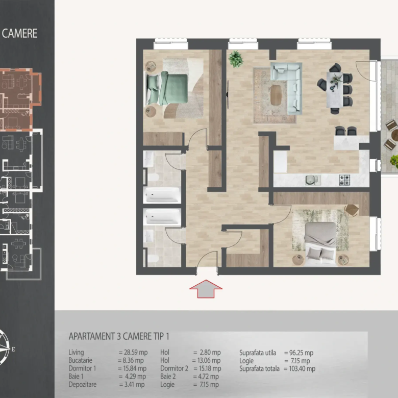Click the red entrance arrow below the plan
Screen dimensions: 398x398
[x=206, y=289]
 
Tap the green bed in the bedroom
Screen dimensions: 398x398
[x=167, y=88]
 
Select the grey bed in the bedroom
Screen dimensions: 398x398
[x=320, y=244]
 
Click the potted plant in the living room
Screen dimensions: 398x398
[x=236, y=59]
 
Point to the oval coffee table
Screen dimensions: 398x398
[x=276, y=95]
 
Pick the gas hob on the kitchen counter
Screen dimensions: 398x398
[x=344, y=180]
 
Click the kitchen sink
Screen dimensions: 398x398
[x=311, y=180]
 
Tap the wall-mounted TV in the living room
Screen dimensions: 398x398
[x=228, y=94]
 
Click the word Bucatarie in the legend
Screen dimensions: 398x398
[x=80, y=360]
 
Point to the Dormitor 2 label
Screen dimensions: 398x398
[x=174, y=368]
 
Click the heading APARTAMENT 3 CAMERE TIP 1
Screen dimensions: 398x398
[x=119, y=336]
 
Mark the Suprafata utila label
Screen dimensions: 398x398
[x=258, y=353]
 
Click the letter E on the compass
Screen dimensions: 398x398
[x=13, y=349]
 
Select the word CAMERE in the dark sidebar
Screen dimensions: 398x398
[x=19, y=33]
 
